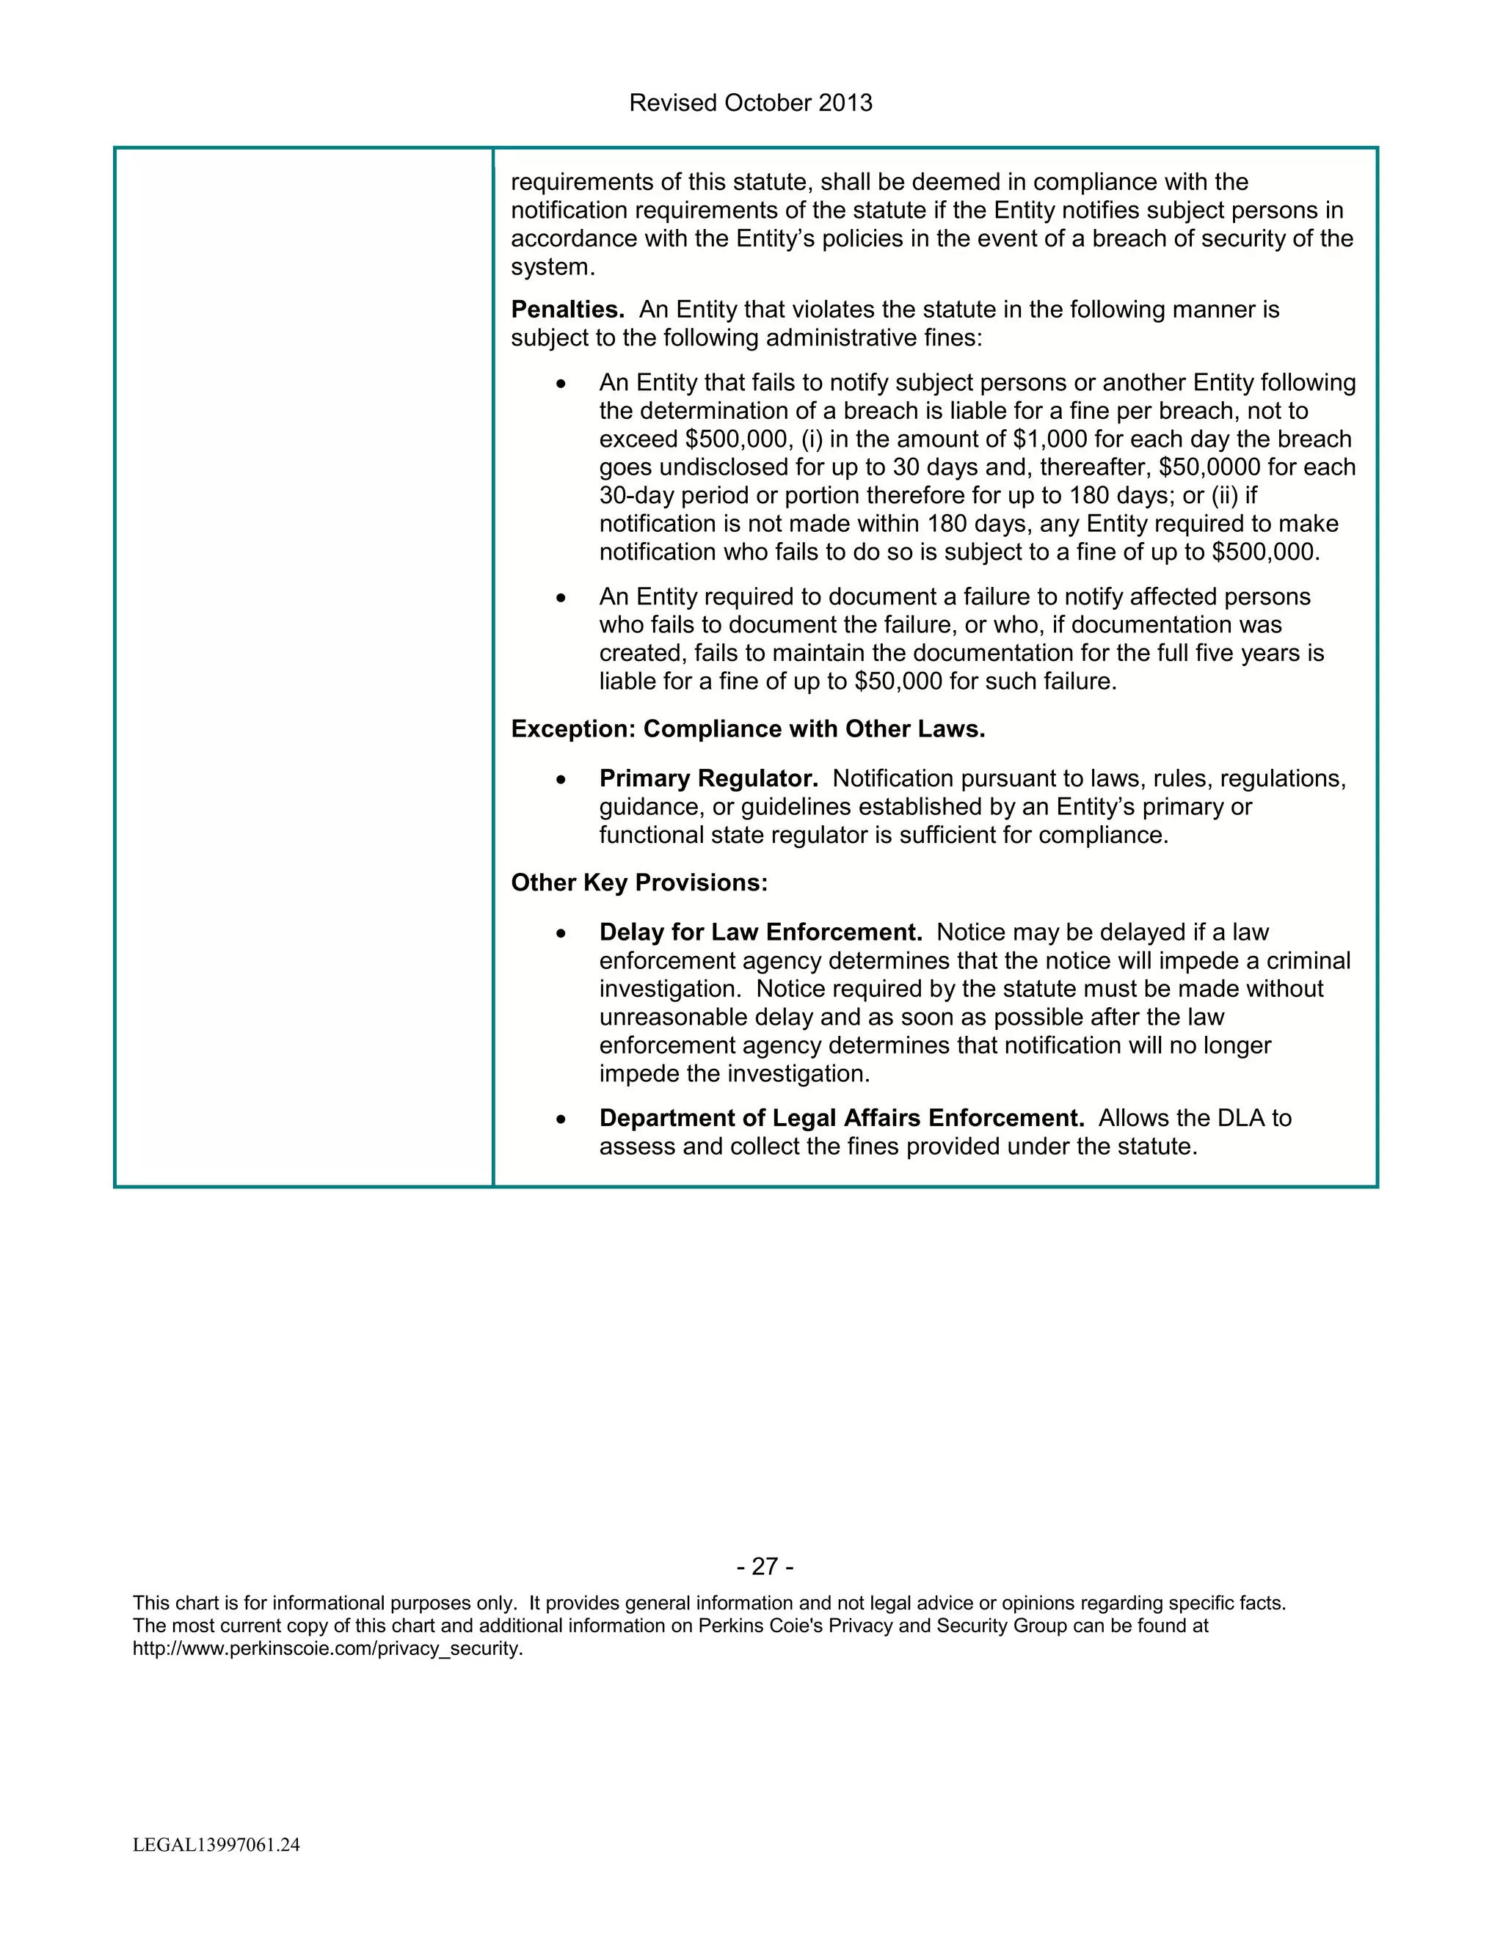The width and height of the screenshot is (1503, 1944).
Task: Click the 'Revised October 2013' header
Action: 751,103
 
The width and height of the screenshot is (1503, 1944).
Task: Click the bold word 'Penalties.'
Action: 567,310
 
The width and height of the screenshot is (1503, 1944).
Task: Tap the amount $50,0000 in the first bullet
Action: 1209,467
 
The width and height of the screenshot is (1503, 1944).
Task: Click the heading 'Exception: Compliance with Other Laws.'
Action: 748,729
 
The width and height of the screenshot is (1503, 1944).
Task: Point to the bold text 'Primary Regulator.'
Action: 708,779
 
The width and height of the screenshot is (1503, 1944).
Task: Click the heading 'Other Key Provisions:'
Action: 638,883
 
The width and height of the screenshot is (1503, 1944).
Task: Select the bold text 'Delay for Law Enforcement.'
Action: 760,932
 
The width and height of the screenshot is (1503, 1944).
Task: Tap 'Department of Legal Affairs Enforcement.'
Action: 842,1118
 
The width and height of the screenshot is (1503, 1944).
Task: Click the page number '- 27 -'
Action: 765,1567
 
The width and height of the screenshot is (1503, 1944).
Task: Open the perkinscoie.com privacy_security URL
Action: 327,1648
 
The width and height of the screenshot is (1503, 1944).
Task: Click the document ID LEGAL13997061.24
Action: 216,1844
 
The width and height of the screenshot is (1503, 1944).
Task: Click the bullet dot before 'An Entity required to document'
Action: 560,597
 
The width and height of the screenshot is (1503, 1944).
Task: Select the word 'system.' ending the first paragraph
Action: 552,267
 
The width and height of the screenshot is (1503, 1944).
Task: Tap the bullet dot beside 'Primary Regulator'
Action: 560,780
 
